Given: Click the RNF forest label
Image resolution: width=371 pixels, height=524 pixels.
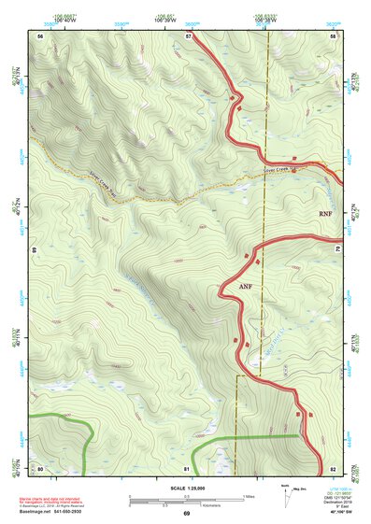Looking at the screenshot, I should (325, 214).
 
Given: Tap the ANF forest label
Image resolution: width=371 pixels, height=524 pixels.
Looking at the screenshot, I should (246, 284).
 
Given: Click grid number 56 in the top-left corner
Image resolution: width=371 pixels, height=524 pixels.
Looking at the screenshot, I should (40, 35).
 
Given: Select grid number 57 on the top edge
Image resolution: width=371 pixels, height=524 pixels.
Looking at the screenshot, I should (188, 35).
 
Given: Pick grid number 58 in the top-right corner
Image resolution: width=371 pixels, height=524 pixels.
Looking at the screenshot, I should (333, 35).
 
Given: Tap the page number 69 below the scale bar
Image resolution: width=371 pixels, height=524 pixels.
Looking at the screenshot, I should (187, 514).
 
